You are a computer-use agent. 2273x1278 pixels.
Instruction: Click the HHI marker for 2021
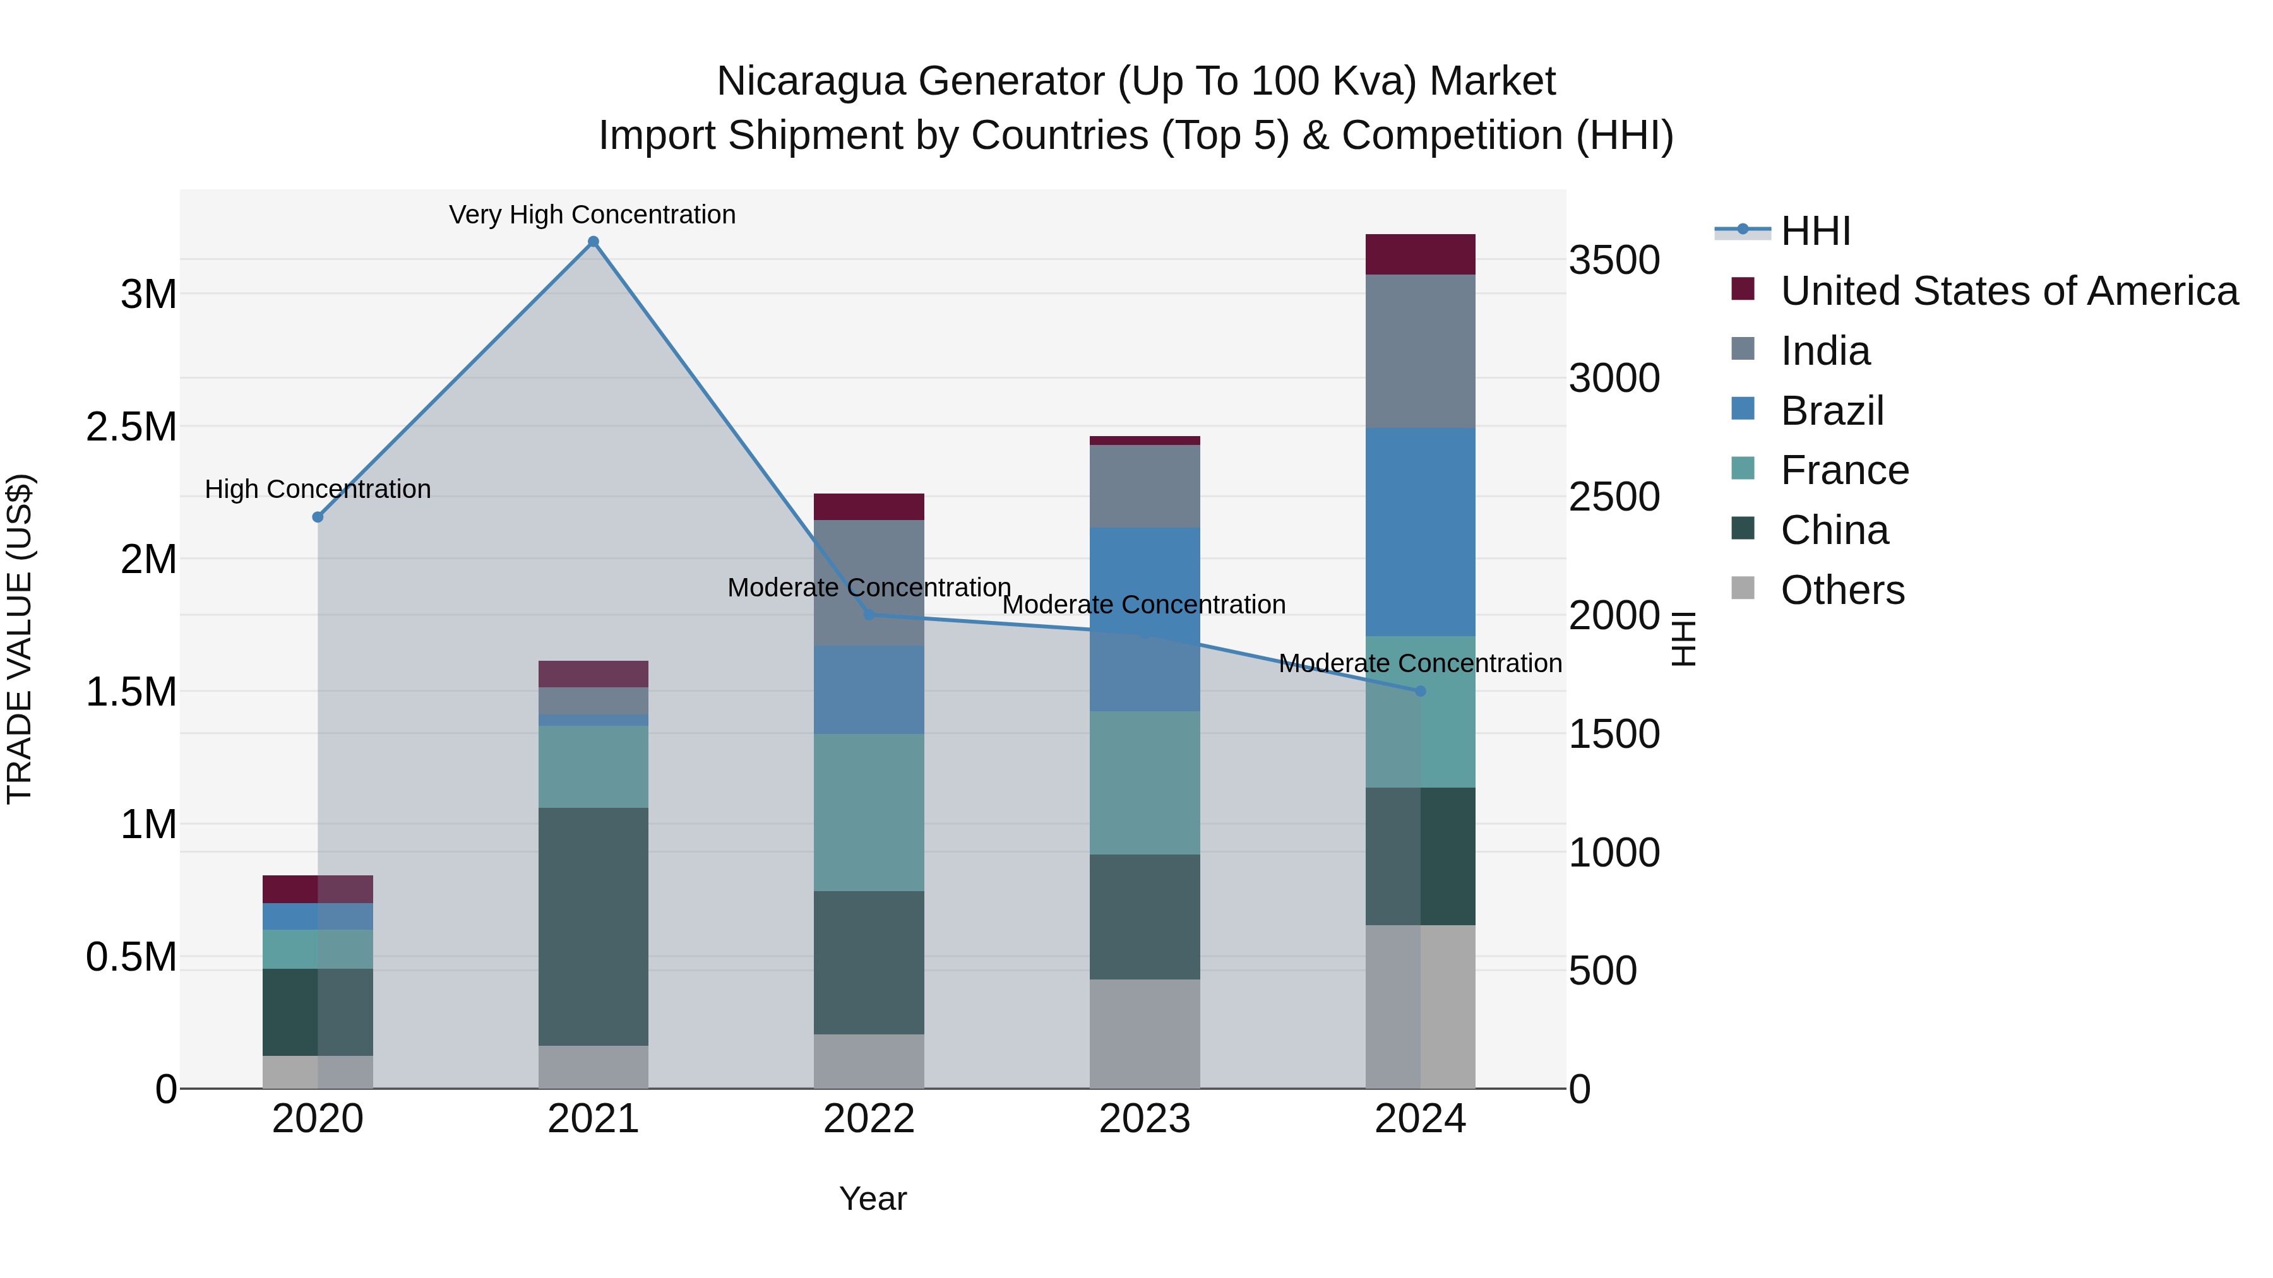point(593,242)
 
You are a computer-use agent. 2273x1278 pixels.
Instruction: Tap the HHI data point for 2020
point(318,517)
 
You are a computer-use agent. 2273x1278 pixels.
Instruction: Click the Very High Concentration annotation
point(592,215)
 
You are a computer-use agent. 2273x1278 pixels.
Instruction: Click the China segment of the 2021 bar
point(593,926)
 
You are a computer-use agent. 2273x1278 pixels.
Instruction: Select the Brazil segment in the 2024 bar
point(1420,532)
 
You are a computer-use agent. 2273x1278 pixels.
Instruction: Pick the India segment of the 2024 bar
point(1420,351)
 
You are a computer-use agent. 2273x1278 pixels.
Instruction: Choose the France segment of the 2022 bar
point(868,812)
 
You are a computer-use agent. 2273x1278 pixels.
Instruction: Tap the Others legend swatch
point(1743,588)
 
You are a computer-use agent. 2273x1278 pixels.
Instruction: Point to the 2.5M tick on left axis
point(131,427)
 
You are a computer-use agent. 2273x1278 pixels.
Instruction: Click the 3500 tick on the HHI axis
point(1614,261)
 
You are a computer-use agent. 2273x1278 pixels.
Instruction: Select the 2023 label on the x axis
point(1145,1119)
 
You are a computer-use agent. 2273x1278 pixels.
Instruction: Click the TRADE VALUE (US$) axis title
point(20,639)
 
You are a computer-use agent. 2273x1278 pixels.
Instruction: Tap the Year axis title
point(873,1198)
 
